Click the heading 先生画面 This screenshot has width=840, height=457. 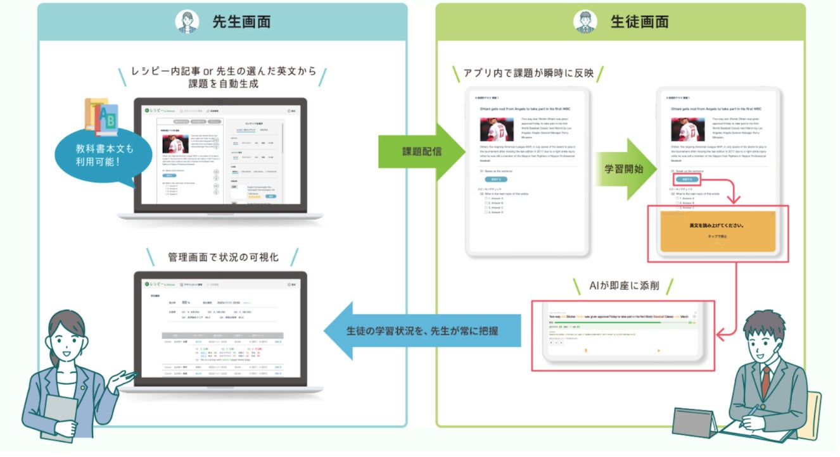pyautogui.click(x=241, y=22)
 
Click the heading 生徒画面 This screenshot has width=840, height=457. pyautogui.click(x=639, y=22)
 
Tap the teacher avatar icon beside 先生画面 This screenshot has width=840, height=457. pyautogui.click(x=188, y=22)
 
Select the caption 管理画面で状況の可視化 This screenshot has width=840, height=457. pyautogui.click(x=223, y=258)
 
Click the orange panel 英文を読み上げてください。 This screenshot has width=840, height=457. pyautogui.click(x=717, y=231)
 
